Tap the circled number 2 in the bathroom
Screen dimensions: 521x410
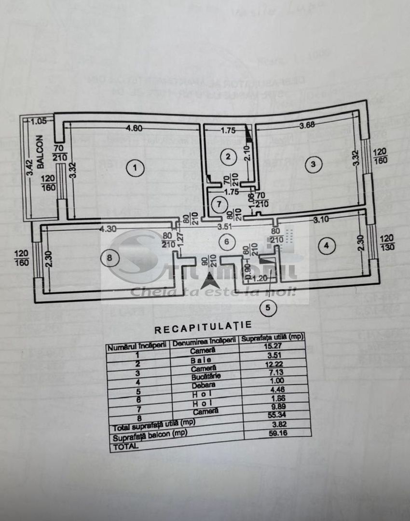228,156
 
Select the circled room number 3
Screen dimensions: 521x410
314,165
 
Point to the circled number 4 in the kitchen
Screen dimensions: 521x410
327,246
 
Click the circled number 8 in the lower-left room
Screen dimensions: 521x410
109,258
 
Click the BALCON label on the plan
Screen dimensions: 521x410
40,147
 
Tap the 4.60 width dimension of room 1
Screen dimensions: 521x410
135,128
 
